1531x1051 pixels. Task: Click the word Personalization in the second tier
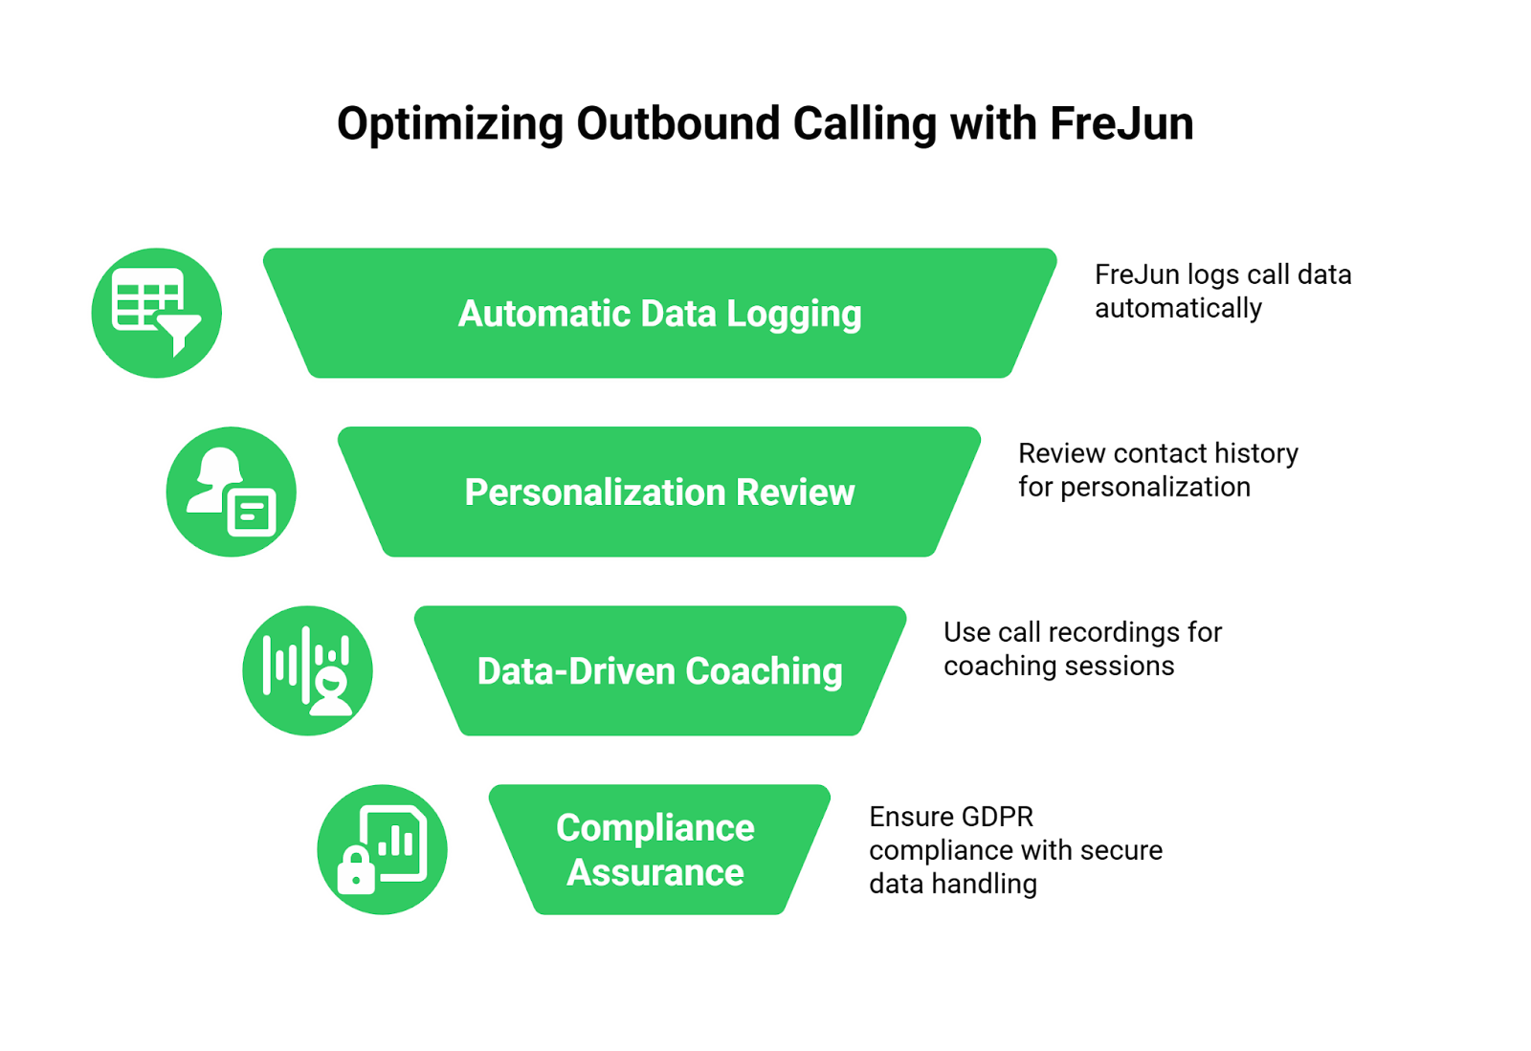[x=595, y=493]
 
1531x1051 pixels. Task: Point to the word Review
[x=795, y=493]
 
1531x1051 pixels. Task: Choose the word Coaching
[x=764, y=671]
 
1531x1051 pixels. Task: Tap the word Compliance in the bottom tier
[x=655, y=828]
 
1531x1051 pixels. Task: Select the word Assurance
[x=655, y=873]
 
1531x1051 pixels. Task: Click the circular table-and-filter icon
[x=157, y=313]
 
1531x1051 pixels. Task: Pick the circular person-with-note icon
[x=232, y=492]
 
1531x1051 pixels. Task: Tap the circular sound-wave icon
[x=308, y=670]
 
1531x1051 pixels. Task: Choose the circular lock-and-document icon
[x=383, y=849]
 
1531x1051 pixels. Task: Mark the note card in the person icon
[x=253, y=513]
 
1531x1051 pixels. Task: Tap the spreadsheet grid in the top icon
[x=144, y=299]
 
